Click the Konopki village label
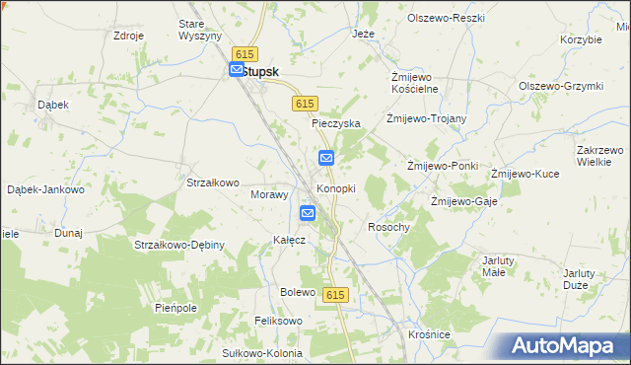click(x=335, y=188)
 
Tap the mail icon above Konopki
click(x=326, y=158)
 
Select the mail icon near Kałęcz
click(x=308, y=213)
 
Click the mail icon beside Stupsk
click(x=237, y=70)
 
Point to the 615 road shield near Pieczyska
click(x=305, y=104)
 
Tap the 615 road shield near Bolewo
click(x=336, y=295)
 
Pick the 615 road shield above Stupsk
click(x=245, y=54)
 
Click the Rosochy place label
click(x=387, y=227)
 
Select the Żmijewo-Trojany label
click(x=427, y=119)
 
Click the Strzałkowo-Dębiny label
click(x=166, y=245)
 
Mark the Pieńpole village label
click(x=177, y=308)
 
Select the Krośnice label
click(x=429, y=335)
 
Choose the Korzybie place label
click(x=581, y=40)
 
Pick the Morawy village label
click(x=268, y=194)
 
